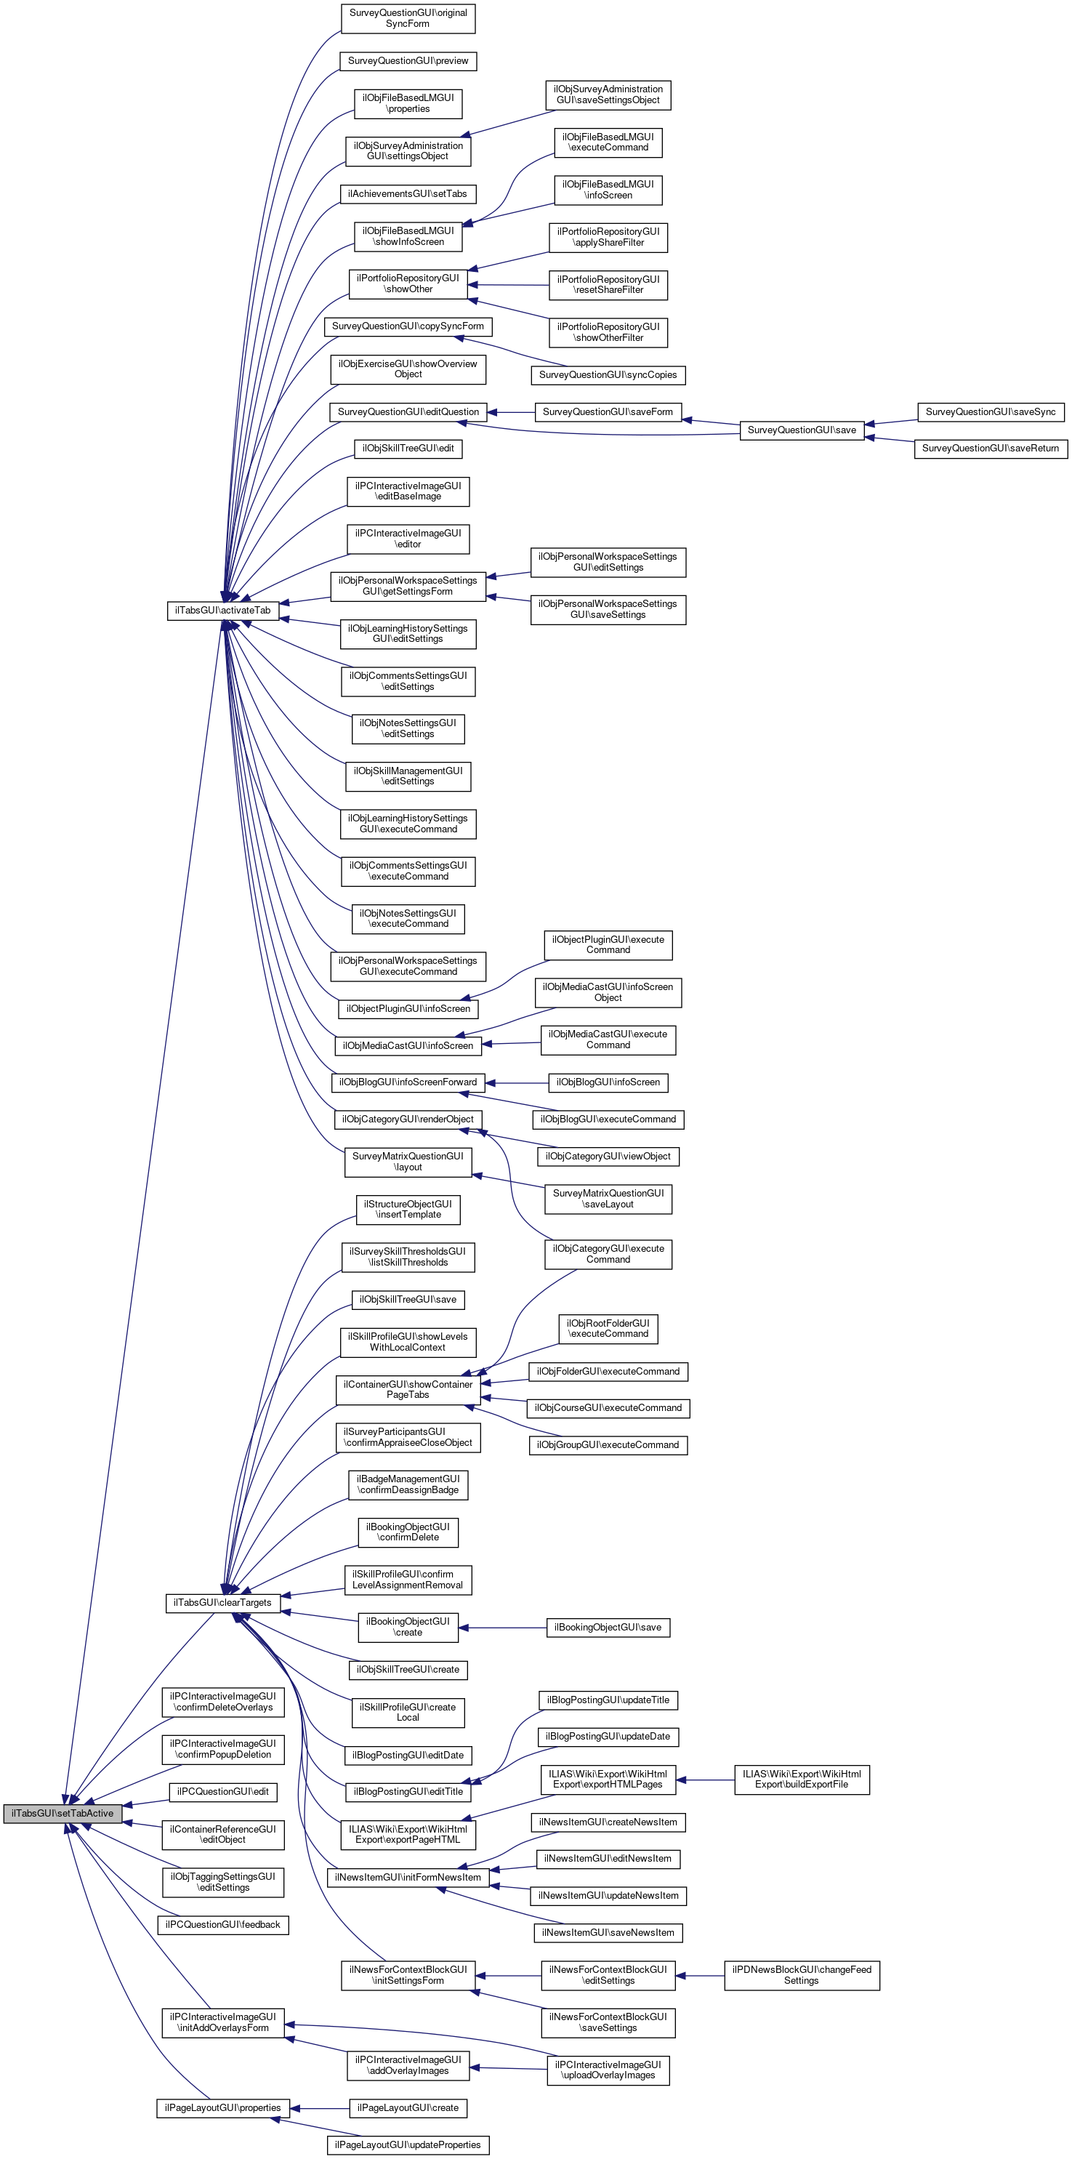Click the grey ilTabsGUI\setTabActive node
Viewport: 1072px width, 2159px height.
(x=63, y=1813)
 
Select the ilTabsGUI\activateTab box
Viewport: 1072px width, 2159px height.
(x=223, y=610)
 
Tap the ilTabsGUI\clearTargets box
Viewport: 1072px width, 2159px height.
(x=222, y=1602)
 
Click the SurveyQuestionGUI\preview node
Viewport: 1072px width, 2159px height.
(x=408, y=61)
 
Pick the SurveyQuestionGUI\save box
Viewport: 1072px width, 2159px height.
(x=802, y=430)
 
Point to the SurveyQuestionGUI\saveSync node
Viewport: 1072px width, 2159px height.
(x=990, y=411)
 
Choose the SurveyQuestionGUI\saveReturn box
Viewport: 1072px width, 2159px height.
(x=990, y=449)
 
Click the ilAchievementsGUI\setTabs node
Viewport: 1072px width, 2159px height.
(x=408, y=193)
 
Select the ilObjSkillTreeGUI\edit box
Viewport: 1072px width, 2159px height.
(x=408, y=449)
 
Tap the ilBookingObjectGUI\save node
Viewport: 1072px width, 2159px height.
(x=608, y=1628)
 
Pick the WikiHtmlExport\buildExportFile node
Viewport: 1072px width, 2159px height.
(x=802, y=1780)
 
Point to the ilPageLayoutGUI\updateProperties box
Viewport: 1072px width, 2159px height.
(x=408, y=2144)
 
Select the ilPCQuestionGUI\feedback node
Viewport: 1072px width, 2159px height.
(x=223, y=1924)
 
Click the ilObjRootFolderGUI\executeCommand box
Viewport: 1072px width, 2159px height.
(x=608, y=1328)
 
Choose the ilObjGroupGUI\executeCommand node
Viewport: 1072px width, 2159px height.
(x=608, y=1445)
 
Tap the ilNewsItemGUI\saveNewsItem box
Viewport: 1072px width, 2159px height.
(x=608, y=1933)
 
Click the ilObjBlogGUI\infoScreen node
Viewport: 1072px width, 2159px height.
(x=608, y=1082)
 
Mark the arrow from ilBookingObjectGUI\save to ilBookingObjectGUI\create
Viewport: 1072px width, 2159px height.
(x=502, y=1628)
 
